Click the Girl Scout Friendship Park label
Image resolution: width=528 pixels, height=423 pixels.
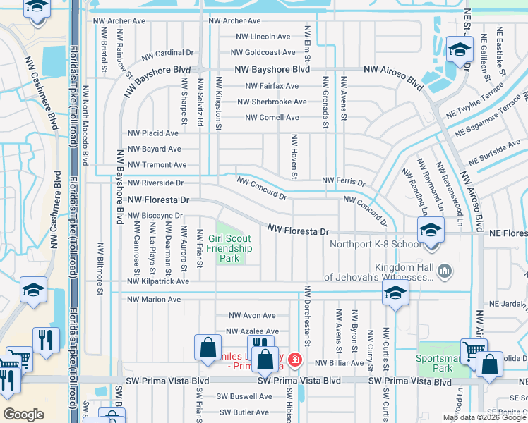230,248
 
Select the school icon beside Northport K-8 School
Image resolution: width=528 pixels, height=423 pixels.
431,230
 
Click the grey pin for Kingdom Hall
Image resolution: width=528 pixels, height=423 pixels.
444,270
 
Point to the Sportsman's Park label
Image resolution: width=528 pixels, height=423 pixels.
443,362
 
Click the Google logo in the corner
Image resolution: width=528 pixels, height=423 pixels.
23,415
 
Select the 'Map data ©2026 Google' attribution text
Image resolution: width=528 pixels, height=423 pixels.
484,417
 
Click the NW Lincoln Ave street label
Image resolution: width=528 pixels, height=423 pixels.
263,37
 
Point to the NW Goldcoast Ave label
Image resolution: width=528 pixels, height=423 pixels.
260,53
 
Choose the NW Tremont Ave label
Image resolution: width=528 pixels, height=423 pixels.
157,165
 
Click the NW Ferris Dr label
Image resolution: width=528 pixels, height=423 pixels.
344,182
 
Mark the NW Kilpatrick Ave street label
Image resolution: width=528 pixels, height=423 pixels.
158,281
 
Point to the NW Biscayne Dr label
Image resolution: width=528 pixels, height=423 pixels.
155,215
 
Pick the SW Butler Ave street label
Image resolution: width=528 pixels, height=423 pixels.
244,413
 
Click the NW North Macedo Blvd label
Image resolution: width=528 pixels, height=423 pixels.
86,123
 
